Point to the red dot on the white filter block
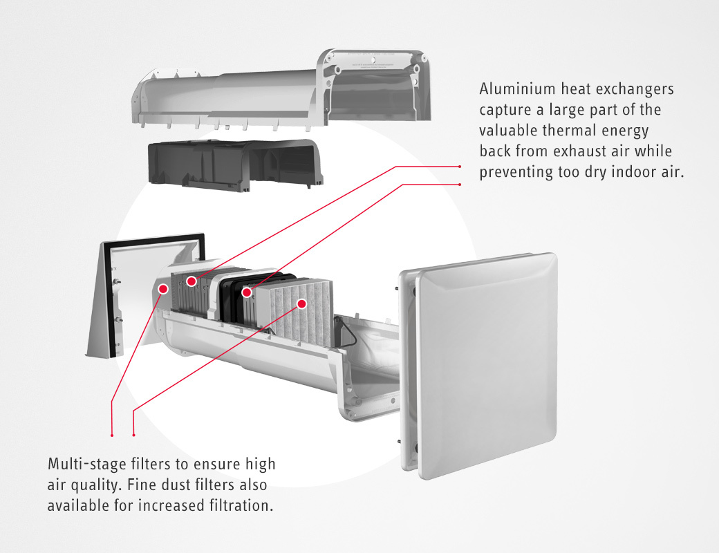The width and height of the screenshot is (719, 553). pyautogui.click(x=302, y=303)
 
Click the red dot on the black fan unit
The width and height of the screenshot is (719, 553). pyautogui.click(x=246, y=292)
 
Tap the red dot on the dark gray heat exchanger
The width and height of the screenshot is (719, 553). pyautogui.click(x=191, y=281)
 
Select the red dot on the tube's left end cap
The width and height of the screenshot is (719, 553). pyautogui.click(x=164, y=288)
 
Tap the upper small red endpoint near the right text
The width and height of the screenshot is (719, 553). pyautogui.click(x=460, y=167)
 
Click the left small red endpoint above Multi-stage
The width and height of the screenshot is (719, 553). pyautogui.click(x=112, y=435)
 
